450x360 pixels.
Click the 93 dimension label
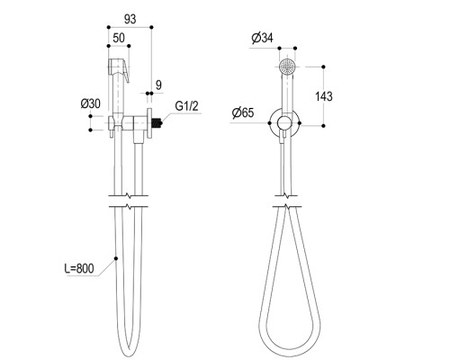point(130,19)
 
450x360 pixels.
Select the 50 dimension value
point(119,38)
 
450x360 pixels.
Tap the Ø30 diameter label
point(90,103)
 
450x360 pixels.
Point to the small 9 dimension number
point(158,85)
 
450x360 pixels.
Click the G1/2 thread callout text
point(186,106)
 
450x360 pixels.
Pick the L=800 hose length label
point(79,268)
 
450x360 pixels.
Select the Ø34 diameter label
point(263,38)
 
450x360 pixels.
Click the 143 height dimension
point(324,96)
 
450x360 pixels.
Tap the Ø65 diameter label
point(243,112)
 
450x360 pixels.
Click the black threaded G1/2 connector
point(157,122)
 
